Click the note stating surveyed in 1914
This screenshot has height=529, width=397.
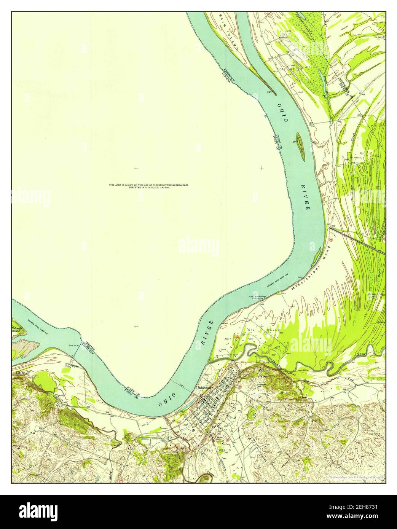(x=148, y=186)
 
